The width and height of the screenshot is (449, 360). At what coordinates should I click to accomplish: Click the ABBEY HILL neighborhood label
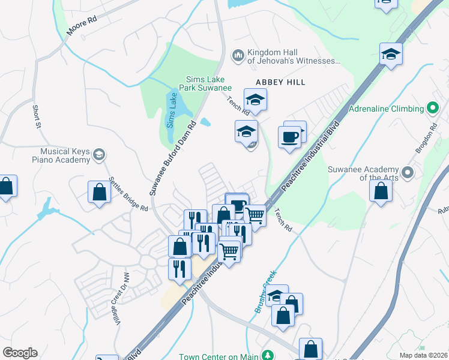[280, 82]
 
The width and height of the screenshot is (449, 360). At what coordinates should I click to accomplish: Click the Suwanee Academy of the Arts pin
[408, 173]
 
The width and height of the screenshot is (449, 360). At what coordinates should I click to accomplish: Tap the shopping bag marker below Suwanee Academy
[381, 191]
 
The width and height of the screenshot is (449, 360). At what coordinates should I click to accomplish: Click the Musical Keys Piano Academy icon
[99, 155]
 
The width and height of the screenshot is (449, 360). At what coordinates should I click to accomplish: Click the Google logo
[20, 353]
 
